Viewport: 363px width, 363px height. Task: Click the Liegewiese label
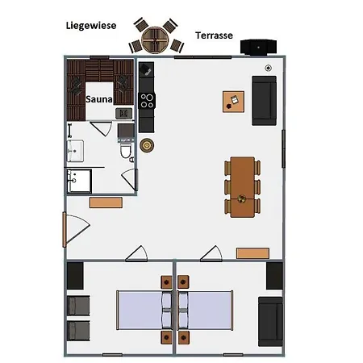(x=91, y=26)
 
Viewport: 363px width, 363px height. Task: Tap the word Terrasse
(x=214, y=35)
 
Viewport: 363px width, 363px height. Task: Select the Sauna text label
(x=99, y=99)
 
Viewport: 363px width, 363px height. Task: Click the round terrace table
(x=155, y=40)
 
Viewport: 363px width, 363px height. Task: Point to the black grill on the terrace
(x=258, y=47)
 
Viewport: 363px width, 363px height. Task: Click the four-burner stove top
(x=147, y=101)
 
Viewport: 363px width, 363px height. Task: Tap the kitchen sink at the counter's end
(x=146, y=69)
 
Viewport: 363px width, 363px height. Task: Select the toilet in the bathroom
(x=126, y=150)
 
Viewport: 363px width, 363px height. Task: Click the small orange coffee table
(x=233, y=102)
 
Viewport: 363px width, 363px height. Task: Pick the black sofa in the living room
(x=264, y=101)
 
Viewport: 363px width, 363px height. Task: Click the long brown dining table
(x=242, y=187)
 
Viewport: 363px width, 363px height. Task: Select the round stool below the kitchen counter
(x=147, y=145)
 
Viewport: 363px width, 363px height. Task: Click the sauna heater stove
(x=123, y=114)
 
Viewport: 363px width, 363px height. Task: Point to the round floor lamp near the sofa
(x=268, y=69)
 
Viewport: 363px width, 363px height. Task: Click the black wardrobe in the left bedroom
(x=75, y=276)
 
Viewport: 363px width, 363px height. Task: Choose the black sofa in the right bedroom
(x=270, y=322)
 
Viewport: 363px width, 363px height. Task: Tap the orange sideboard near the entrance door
(x=106, y=202)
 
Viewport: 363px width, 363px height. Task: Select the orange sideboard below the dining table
(x=252, y=253)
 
